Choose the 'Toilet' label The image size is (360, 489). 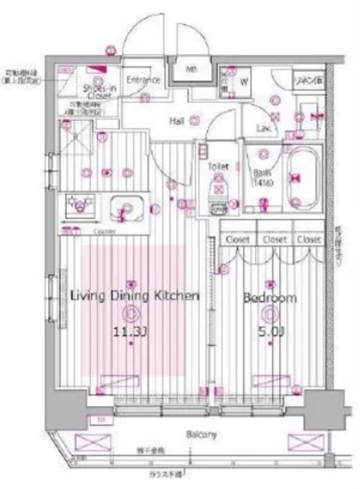pos(219,166)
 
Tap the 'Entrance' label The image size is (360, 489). pos(142,80)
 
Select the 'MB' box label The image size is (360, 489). pos(191,68)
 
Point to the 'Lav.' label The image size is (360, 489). pos(264,129)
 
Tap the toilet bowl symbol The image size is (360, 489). pos(218,188)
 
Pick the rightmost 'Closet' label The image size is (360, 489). pos(308,239)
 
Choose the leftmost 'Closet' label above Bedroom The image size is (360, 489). pos(237,239)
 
